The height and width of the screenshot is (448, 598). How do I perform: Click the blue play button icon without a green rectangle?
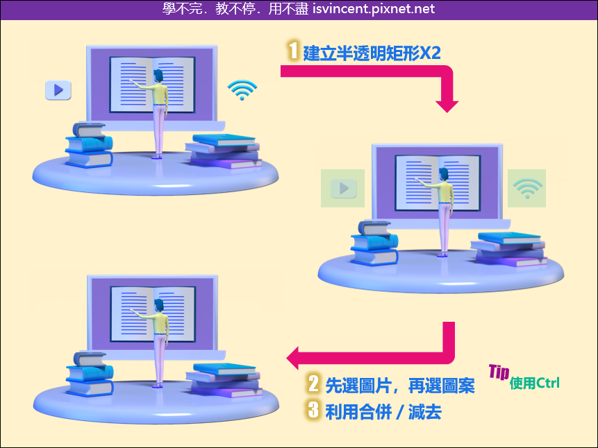coord(58,90)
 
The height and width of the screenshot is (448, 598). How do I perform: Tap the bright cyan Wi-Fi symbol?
coord(242,90)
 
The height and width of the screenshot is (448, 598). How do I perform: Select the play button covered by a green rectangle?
coord(344,188)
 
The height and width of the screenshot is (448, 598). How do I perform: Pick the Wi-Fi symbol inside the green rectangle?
coord(527,188)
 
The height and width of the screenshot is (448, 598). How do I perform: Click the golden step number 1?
coord(293,51)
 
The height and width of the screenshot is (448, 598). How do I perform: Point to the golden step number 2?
coord(313,384)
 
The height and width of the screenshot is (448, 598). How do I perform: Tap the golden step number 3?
coord(313,410)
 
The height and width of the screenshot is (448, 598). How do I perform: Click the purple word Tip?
coord(499,372)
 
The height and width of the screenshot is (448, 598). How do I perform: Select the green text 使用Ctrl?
coord(535,383)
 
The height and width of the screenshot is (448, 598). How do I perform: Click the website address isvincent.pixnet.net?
coord(374,8)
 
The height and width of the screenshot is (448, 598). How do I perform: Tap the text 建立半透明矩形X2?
coord(372,53)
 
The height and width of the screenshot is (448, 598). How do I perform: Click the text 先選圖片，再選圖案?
coord(400,386)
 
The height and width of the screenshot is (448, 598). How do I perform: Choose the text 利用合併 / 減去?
coord(383,412)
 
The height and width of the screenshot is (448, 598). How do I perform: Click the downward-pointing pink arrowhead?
coord(447,107)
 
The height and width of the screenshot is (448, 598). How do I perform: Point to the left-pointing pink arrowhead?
coord(292,358)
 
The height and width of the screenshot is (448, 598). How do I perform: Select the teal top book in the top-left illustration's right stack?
coord(224,140)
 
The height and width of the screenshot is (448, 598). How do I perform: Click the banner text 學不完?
coord(182,8)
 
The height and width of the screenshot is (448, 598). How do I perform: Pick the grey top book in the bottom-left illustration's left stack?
coord(90,359)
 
